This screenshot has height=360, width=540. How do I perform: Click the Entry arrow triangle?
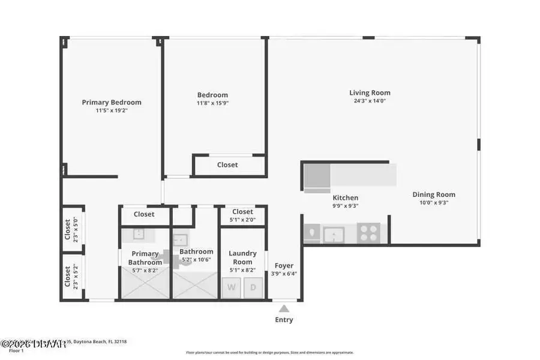pos(284,308)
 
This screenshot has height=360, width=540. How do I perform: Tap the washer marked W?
pos(232,287)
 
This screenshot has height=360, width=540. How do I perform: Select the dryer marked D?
pos(253,287)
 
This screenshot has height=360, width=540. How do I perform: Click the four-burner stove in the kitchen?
pos(368,233)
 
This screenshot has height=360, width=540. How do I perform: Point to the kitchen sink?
pos(332,233)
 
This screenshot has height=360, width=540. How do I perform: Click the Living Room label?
pos(370,93)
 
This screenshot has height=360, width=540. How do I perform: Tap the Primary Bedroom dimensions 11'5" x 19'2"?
pos(112,111)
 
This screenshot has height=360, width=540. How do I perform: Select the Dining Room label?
pos(434,194)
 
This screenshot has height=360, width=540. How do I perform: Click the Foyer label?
pos(284,266)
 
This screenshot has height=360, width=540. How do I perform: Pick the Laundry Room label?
pos(242,257)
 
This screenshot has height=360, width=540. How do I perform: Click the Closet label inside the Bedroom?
pos(227,164)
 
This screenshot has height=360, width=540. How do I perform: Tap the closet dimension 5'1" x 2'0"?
pos(242,220)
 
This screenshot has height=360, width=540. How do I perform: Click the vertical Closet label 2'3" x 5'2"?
pos(68,277)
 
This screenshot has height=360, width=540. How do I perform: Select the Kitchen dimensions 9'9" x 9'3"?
pos(346,206)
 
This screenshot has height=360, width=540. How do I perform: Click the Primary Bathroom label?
pos(145,258)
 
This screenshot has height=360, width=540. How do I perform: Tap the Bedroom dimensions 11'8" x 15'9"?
pos(213,103)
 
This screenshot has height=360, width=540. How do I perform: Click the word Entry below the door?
pos(284,320)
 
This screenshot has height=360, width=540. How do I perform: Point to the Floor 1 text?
pos(16,350)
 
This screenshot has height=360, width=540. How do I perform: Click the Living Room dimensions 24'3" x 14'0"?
pos(370,101)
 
